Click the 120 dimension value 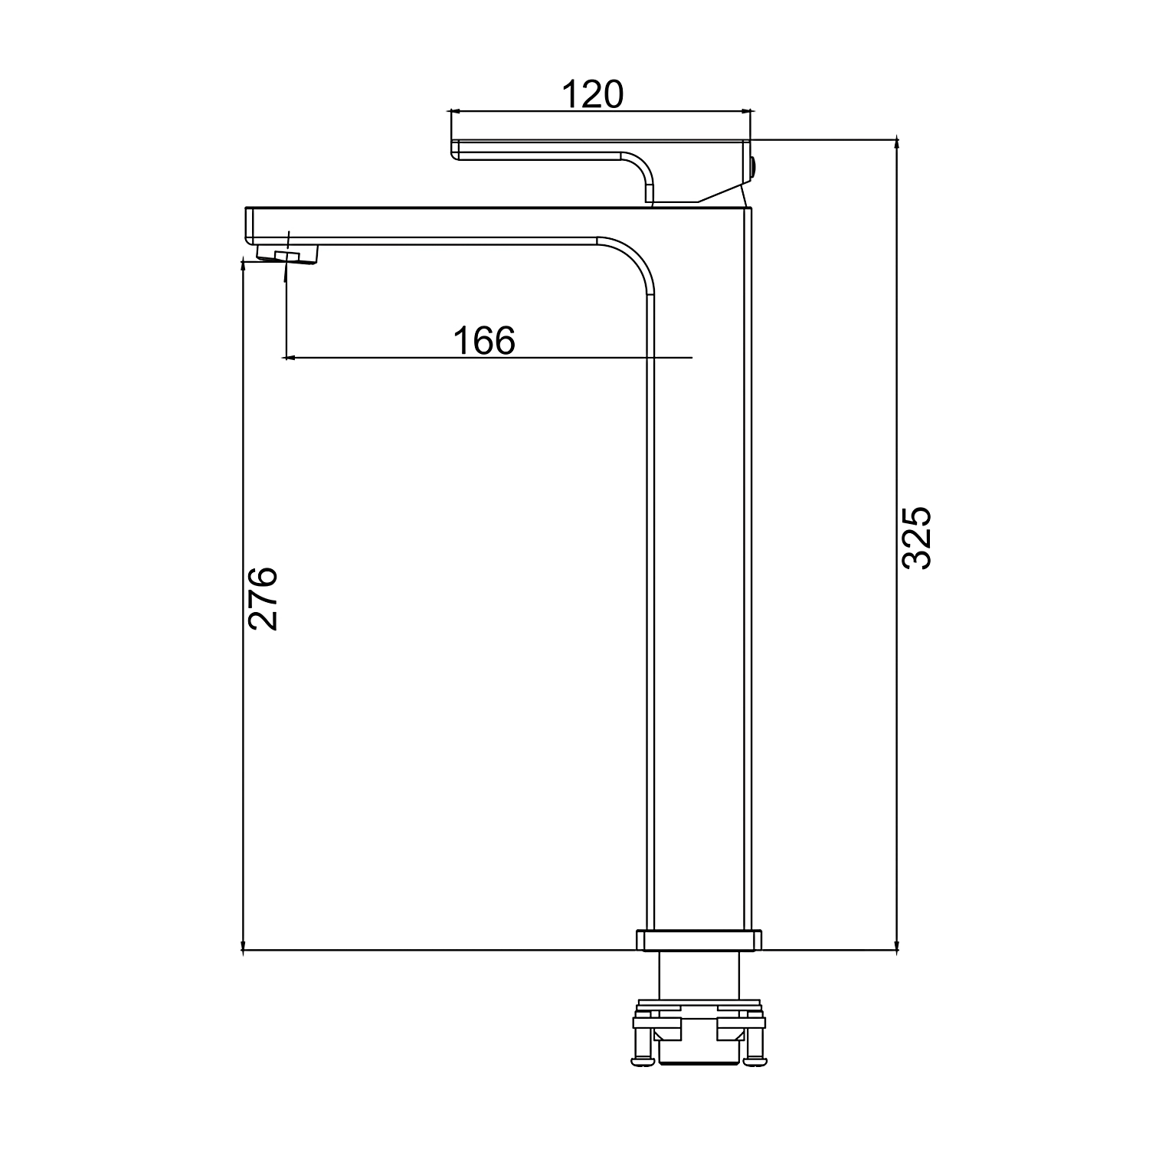(593, 95)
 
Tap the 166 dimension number (484, 341)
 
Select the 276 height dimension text (263, 598)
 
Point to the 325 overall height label (916, 537)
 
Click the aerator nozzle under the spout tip (286, 253)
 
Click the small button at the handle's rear (755, 167)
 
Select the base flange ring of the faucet (699, 941)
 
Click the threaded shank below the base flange (701, 974)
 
